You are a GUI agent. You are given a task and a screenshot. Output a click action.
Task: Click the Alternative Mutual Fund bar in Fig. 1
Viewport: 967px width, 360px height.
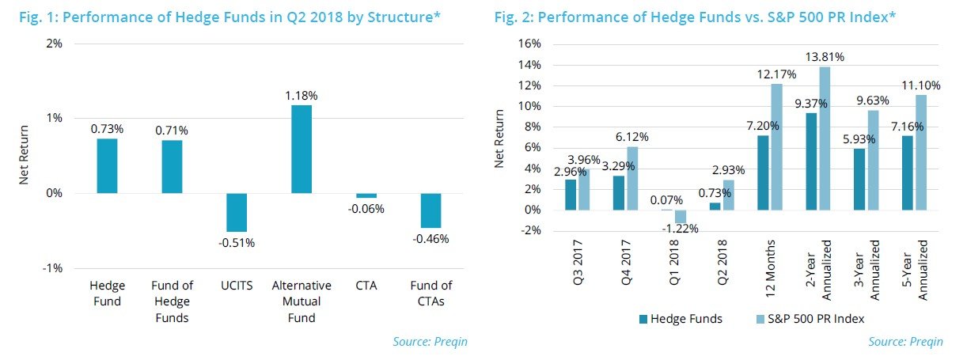coord(301,149)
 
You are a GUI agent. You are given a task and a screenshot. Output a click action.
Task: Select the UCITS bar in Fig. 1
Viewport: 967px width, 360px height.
coord(237,212)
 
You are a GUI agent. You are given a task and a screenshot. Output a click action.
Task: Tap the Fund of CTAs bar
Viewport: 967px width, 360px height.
coord(431,210)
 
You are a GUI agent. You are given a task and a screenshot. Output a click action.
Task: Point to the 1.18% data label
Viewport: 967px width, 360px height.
coord(301,96)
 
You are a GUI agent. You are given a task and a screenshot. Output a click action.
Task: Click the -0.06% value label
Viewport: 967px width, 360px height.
coord(366,209)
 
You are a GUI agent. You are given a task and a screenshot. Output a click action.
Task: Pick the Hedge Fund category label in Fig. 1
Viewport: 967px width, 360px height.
coord(107,293)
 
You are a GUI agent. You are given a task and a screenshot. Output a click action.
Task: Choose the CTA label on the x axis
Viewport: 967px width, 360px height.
coord(366,286)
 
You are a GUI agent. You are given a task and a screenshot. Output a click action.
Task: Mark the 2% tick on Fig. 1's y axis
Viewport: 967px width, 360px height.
coord(54,44)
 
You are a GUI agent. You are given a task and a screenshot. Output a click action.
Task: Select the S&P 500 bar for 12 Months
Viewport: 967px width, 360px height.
coord(776,146)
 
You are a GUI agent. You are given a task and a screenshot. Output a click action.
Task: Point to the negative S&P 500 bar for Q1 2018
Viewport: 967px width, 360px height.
coord(681,217)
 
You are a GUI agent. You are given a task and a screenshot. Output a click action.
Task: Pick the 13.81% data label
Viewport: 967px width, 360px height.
coord(824,57)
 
